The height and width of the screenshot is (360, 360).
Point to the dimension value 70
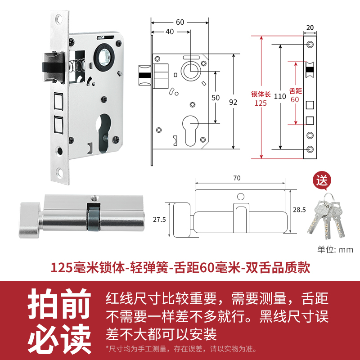coord(237,178)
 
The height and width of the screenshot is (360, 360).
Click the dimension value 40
coord(170,31)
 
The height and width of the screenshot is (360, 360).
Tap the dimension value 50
coord(216,97)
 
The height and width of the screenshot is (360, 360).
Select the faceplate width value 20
coord(310,27)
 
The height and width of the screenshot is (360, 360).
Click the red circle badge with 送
coord(322,181)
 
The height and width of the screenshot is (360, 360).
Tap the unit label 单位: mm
coord(335,250)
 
